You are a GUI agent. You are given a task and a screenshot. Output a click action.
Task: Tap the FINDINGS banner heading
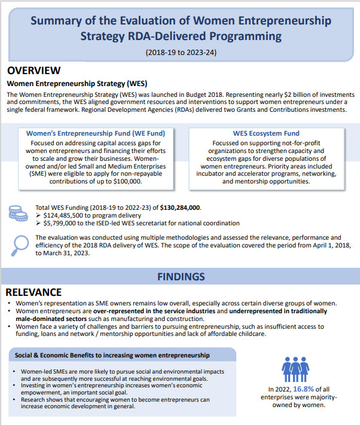180,277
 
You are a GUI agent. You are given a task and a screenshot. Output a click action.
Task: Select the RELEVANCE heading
34,292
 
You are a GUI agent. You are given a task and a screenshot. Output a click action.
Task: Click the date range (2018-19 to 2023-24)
180,52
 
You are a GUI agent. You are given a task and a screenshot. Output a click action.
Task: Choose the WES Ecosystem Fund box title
265,133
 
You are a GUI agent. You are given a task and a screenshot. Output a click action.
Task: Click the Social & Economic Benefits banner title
111,356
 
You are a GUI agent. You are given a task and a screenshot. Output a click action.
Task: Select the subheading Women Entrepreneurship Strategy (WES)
77,83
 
